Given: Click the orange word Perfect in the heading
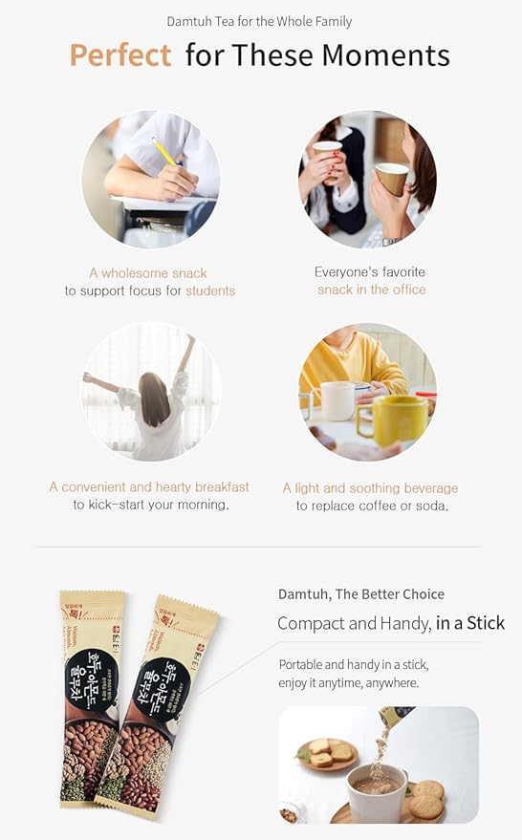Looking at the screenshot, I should (120, 55).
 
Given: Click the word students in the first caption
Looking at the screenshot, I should (210, 291).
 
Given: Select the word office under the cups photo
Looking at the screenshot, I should (405, 290).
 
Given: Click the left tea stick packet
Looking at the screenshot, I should (92, 697).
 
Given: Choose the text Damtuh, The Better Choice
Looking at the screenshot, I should (360, 593).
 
